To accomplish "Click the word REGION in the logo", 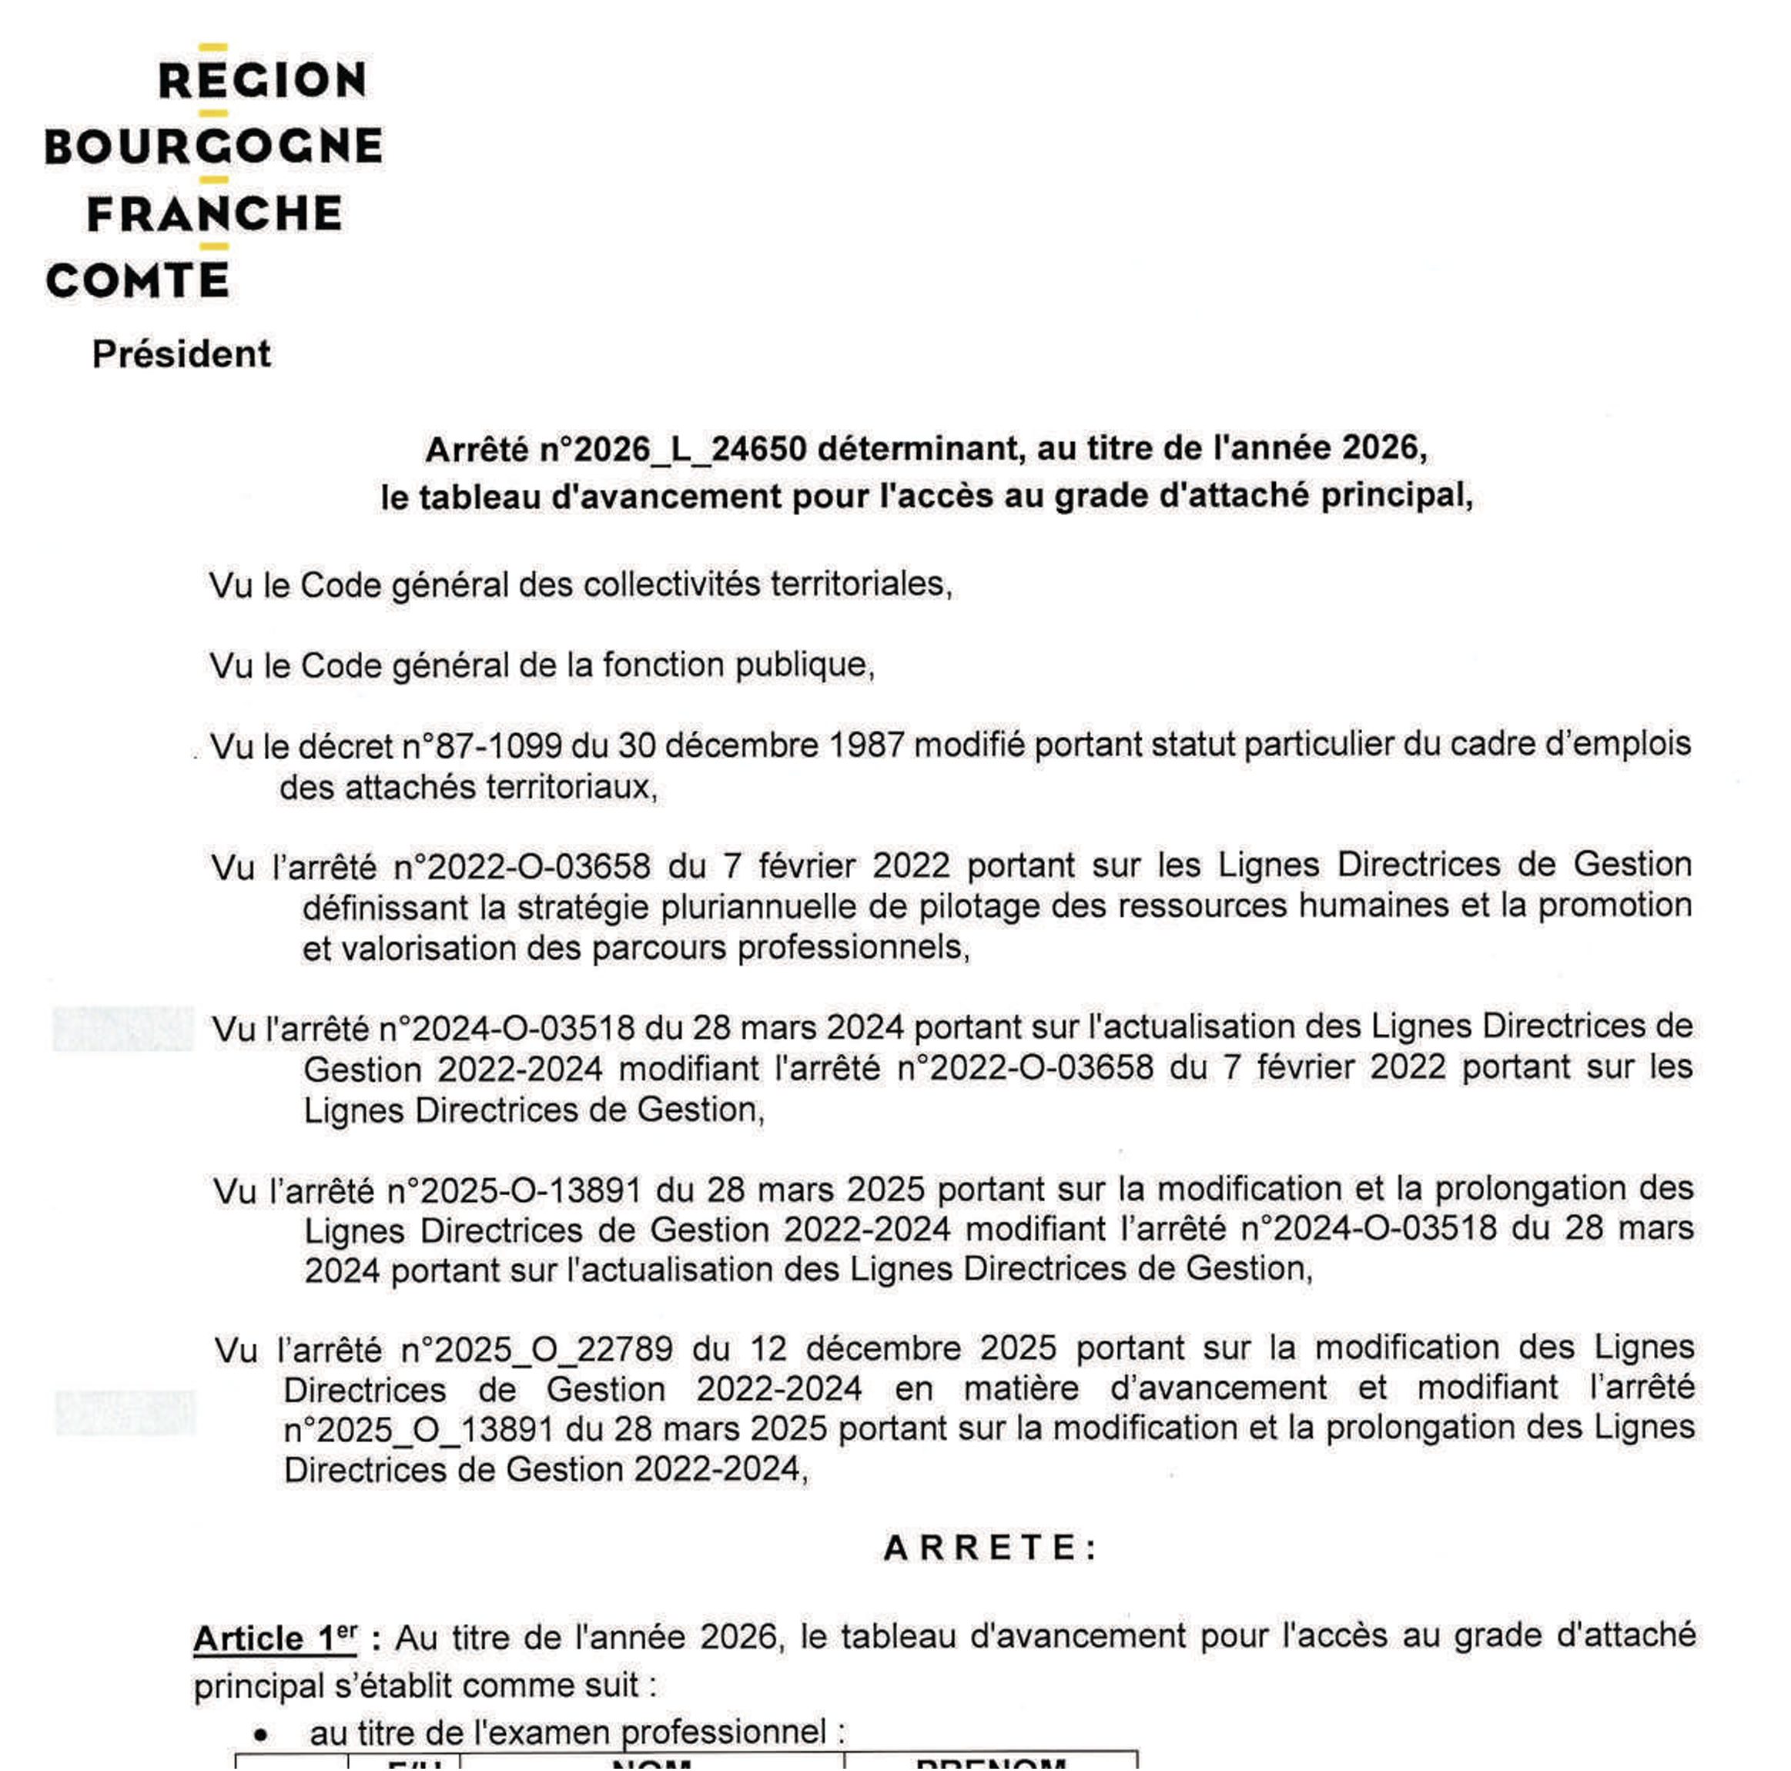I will click(263, 81).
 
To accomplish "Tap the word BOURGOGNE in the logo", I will click(214, 146).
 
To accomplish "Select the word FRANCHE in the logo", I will click(214, 213).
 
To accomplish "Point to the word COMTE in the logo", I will click(137, 280).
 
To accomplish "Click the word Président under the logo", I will click(181, 354).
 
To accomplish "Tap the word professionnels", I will click(852, 949).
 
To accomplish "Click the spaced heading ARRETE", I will click(989, 1548).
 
